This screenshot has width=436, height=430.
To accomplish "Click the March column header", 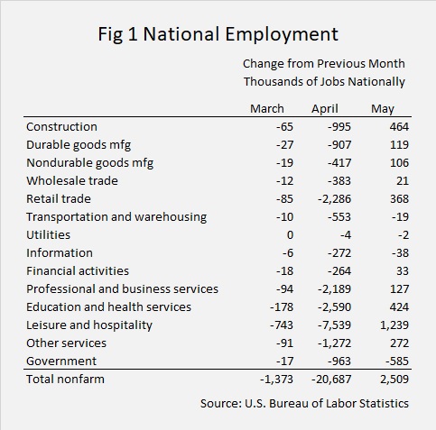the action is tap(267, 108).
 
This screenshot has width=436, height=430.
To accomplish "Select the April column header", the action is tap(325, 109).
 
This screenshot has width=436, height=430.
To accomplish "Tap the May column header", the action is tap(383, 109).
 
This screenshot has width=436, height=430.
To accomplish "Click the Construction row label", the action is tap(61, 126).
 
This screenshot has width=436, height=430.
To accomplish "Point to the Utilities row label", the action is tap(48, 234).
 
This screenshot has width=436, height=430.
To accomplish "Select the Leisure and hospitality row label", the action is tap(89, 325).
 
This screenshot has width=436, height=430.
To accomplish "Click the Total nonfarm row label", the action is tap(65, 379).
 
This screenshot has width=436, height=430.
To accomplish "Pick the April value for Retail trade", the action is tap(334, 199).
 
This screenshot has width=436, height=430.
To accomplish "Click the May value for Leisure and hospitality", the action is tap(394, 325).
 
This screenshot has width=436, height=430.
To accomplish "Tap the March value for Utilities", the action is tap(290, 235).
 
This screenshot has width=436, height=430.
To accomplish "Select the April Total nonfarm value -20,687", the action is tap(331, 380).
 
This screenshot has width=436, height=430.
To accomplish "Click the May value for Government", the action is tap(397, 361).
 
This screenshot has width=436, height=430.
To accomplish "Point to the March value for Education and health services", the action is tap(282, 307).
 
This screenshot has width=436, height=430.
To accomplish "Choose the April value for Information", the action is tap(339, 253).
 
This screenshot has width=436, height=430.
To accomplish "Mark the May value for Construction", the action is tap(399, 126).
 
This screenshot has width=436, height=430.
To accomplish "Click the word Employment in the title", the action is tap(282, 34).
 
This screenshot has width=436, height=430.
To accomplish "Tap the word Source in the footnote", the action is tap(221, 403).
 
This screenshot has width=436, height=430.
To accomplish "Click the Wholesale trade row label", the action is tap(72, 180).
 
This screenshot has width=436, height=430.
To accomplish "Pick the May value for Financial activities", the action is tap(403, 271).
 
